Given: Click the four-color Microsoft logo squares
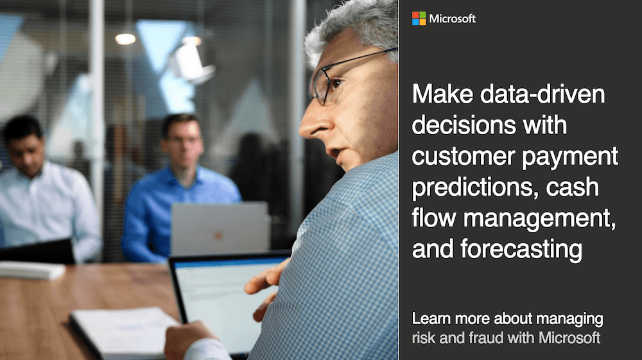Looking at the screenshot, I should pyautogui.click(x=419, y=19).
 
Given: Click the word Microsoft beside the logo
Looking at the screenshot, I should pyautogui.click(x=452, y=19).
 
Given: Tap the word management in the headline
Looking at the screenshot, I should pyautogui.click(x=541, y=219).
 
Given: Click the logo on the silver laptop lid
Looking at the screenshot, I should pyautogui.click(x=218, y=236).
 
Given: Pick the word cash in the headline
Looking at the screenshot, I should pyautogui.click(x=573, y=188).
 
